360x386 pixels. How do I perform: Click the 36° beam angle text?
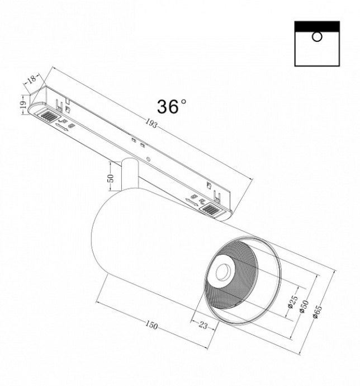coord(172,107)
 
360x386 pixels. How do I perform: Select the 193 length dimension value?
coord(152,124)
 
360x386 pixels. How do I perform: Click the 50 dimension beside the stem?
coord(111,179)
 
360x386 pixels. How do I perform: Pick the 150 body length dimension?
coord(151,325)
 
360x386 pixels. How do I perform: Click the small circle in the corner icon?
coord(316,37)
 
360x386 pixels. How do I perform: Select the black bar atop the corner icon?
coord(316,26)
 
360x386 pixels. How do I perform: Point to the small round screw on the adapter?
coord(149,159)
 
